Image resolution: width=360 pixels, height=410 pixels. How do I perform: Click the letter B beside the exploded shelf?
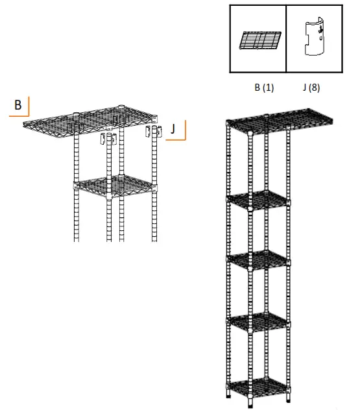tap(18, 104)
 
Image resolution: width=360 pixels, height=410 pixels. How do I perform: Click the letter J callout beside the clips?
tap(173, 129)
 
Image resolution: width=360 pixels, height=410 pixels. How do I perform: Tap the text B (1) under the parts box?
tap(263, 88)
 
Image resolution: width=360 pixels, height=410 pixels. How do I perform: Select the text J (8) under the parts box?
tap(310, 88)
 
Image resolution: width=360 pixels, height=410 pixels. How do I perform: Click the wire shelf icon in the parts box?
tap(259, 40)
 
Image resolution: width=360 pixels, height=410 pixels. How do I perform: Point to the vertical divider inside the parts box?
tap(286, 38)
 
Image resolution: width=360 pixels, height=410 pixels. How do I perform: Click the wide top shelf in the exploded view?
tap(91, 119)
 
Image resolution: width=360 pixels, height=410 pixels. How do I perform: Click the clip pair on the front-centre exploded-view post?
tap(107, 139)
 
